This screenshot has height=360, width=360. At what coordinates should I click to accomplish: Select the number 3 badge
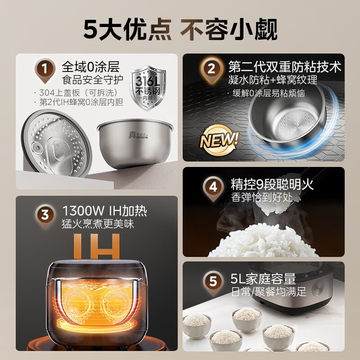tap(45, 215)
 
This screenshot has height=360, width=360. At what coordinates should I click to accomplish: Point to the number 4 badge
tap(211, 185)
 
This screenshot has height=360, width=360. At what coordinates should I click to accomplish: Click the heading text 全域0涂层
tap(90, 67)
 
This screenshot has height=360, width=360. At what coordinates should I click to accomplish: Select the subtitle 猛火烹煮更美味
tap(98, 224)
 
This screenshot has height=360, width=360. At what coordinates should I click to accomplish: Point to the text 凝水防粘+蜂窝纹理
tap(272, 80)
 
